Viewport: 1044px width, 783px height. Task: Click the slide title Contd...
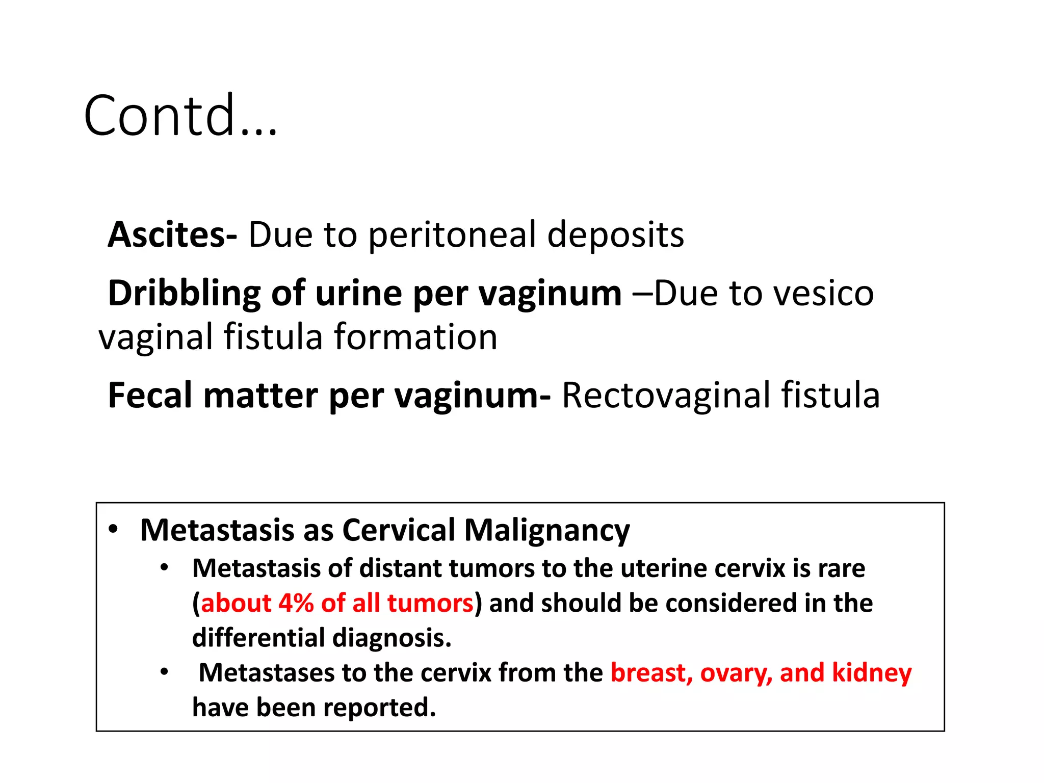pos(180,116)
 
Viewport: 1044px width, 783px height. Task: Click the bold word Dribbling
pos(184,294)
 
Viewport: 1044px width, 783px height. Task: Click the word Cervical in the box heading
pos(399,530)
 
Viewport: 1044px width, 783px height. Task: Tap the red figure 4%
pos(296,603)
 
